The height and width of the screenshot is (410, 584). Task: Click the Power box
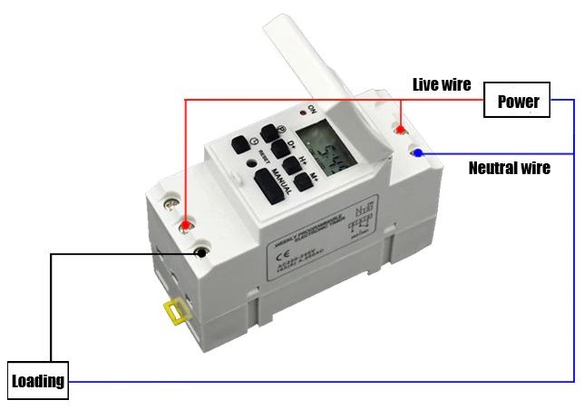point(518,101)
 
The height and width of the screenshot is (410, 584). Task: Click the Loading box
point(38,380)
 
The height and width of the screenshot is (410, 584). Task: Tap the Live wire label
point(442,84)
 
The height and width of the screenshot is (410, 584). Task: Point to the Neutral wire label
point(509,168)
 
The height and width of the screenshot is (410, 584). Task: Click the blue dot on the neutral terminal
point(418,152)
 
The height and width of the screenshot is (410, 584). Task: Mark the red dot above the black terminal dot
point(186,224)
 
